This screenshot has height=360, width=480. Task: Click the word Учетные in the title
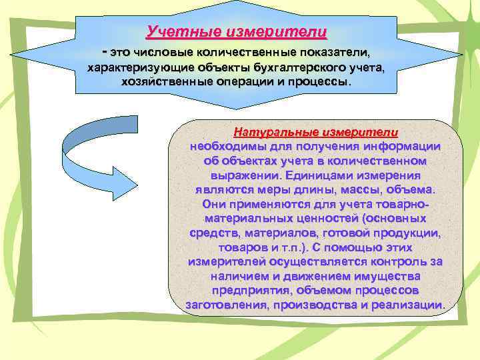click(x=176, y=31)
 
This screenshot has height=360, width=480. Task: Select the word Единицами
click(x=328, y=175)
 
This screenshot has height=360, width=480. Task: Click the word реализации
click(x=411, y=305)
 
